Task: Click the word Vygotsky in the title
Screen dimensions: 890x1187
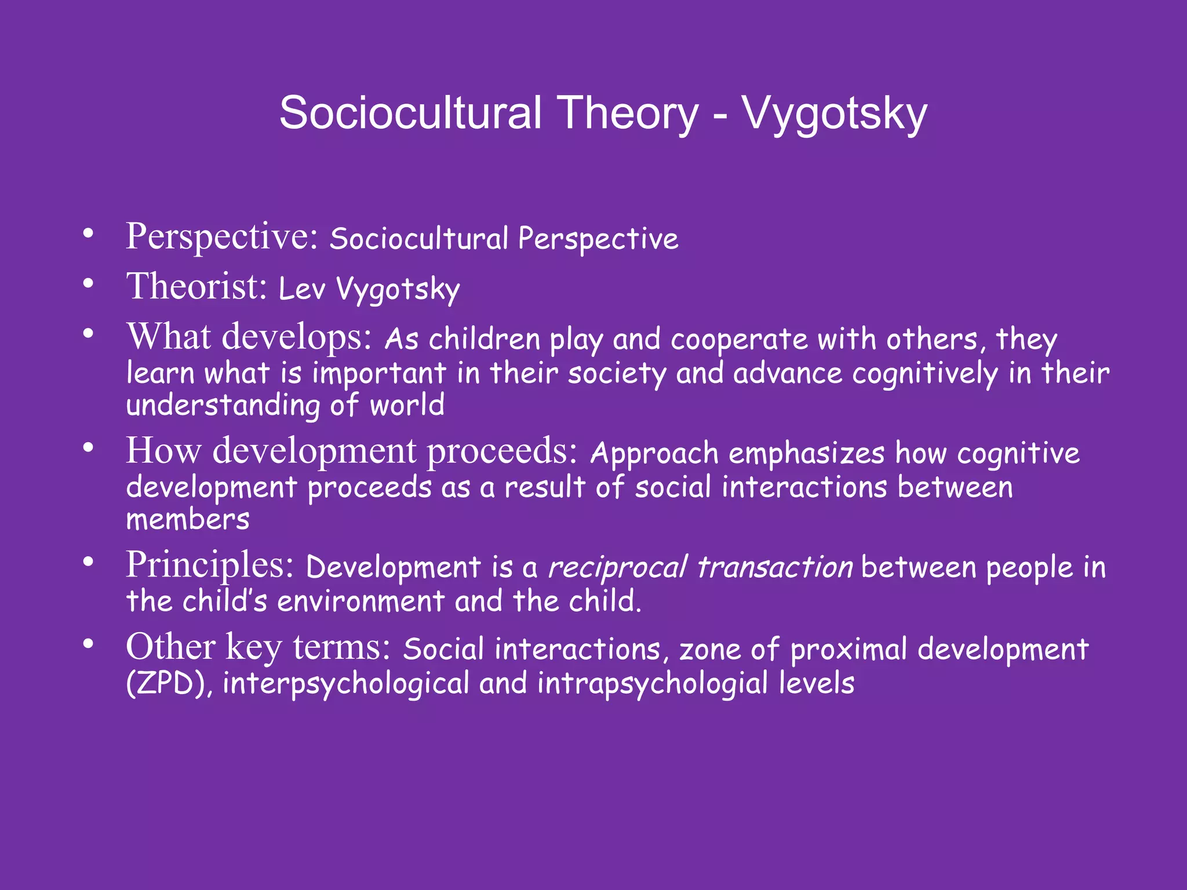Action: click(x=835, y=114)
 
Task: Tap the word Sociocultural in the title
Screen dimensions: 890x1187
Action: click(x=410, y=112)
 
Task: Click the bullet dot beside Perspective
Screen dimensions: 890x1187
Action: click(x=88, y=234)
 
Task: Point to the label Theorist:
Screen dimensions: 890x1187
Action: click(x=197, y=286)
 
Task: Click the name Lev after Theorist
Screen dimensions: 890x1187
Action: click(x=301, y=288)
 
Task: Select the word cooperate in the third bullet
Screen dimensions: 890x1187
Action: click(x=739, y=340)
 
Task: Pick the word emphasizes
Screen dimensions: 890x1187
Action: click(x=806, y=453)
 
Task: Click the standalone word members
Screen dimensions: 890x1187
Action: click(x=188, y=520)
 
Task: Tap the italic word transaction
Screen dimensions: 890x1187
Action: click(x=774, y=567)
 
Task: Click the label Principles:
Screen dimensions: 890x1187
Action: click(x=210, y=565)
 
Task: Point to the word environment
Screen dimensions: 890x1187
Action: click(x=361, y=601)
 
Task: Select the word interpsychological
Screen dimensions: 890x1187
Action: click(x=346, y=684)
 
